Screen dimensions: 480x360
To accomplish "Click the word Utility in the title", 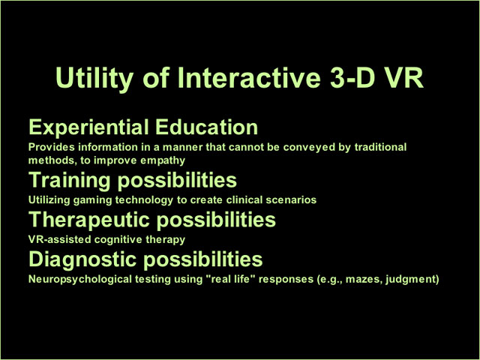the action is pos(94,78).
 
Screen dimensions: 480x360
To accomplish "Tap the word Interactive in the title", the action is pos(249,77).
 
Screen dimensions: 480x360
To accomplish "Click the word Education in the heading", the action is pos(206,127).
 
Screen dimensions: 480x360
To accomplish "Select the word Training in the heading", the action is pos(69,180).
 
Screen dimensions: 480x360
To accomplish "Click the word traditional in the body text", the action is pos(380,147).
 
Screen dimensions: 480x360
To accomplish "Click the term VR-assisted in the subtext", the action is pos(60,239).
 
